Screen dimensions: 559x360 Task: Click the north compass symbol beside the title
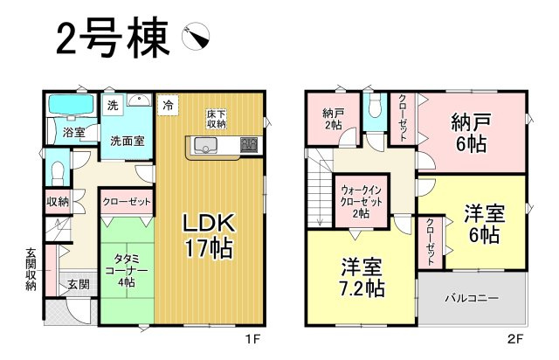click(x=196, y=37)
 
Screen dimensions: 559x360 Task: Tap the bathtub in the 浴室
click(x=71, y=105)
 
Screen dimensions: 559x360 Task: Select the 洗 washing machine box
click(x=113, y=106)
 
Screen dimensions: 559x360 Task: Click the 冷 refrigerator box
click(x=168, y=106)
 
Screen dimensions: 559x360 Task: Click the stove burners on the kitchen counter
click(x=248, y=145)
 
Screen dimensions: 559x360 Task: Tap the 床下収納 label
click(x=217, y=119)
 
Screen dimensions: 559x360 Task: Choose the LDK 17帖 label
click(x=208, y=235)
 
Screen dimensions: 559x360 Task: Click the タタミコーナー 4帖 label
click(x=127, y=270)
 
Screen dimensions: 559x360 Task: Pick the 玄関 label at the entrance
click(x=79, y=284)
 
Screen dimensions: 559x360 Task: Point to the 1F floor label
click(x=252, y=339)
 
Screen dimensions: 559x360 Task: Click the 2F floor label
click(x=514, y=339)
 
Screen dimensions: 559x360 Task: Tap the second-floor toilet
click(x=375, y=106)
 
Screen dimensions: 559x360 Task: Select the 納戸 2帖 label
click(x=333, y=119)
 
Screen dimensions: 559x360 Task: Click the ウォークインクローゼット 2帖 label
click(x=361, y=202)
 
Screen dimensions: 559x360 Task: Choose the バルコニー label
click(x=472, y=298)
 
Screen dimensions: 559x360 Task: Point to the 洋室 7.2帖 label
click(x=362, y=278)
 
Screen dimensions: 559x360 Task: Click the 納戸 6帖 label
click(x=471, y=133)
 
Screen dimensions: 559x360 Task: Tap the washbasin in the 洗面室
click(x=140, y=100)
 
